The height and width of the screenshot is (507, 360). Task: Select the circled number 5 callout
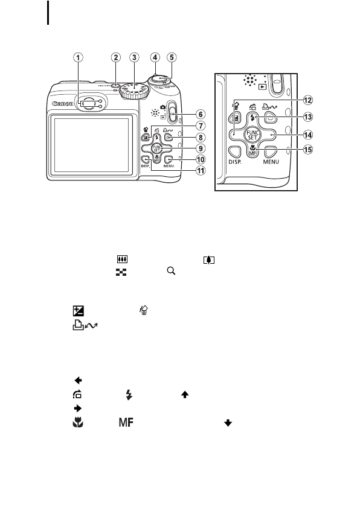coord(172,58)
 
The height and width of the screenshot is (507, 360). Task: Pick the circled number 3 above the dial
coord(134,58)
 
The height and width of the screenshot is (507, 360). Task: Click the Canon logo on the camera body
coord(63,103)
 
